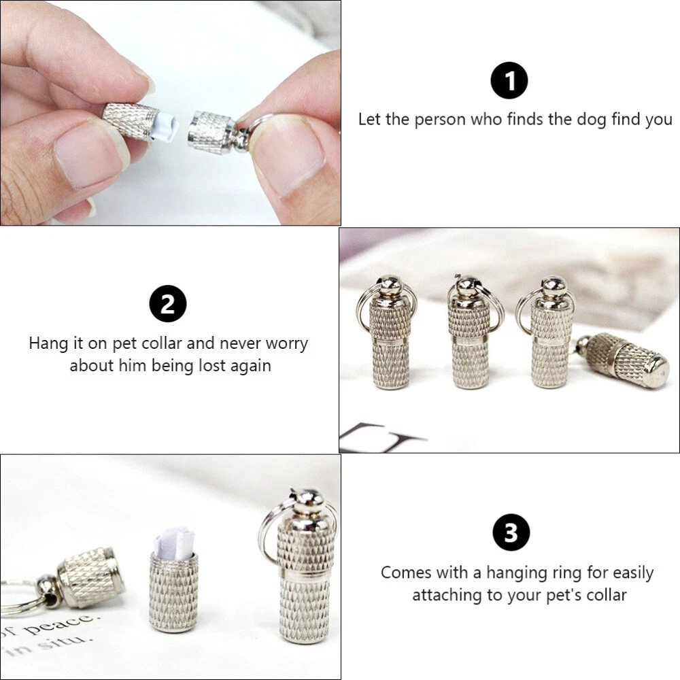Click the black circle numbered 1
pos(509,81)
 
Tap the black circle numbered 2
pos(168,303)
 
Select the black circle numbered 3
pos(511,532)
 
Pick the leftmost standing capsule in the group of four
pos(390,333)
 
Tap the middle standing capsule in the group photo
pos(470,333)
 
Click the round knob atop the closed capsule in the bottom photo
pos(308,500)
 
